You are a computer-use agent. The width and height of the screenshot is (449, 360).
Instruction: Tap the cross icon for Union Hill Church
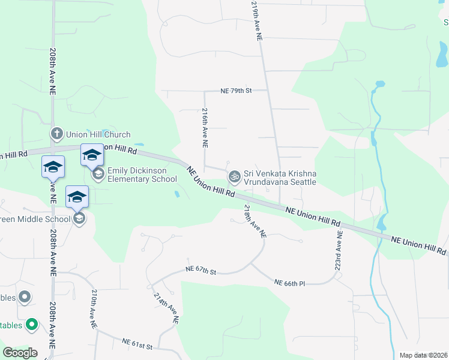[x=56, y=134]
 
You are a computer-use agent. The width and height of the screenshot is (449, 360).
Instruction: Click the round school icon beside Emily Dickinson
[x=98, y=175]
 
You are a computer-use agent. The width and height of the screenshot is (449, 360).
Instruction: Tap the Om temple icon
[x=234, y=176]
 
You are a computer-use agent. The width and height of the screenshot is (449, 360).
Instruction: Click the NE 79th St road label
[x=235, y=91]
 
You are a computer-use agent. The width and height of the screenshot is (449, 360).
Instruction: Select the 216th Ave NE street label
[x=205, y=128]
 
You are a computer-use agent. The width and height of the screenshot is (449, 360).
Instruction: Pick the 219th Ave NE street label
[x=257, y=20]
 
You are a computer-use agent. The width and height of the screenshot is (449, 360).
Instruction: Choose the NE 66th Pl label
[x=290, y=282]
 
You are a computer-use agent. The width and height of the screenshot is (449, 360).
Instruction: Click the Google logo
[x=20, y=353]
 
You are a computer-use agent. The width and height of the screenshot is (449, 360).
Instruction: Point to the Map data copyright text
[x=423, y=355]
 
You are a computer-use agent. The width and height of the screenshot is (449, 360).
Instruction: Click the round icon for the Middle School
[x=78, y=218]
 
